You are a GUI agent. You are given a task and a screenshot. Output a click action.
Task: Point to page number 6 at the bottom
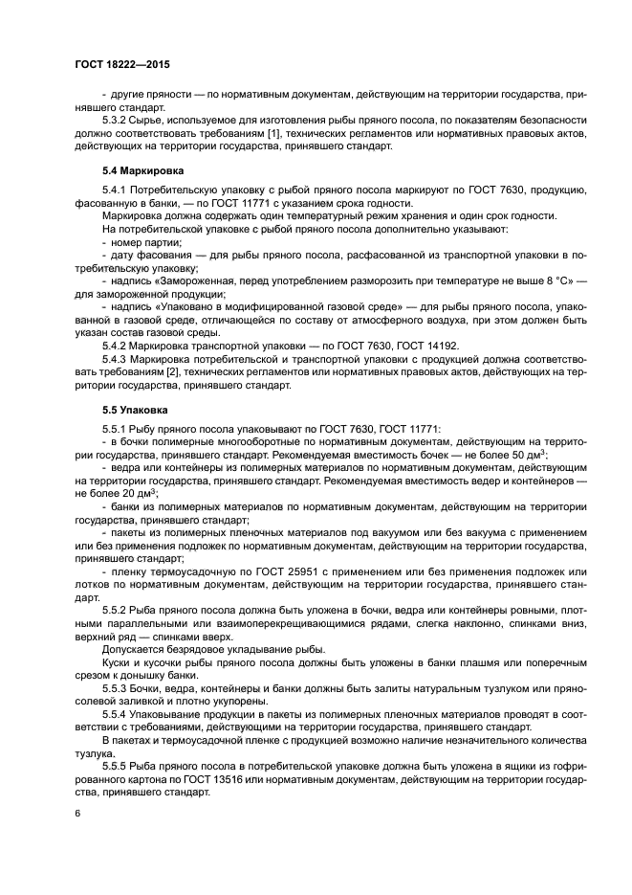[77, 813]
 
